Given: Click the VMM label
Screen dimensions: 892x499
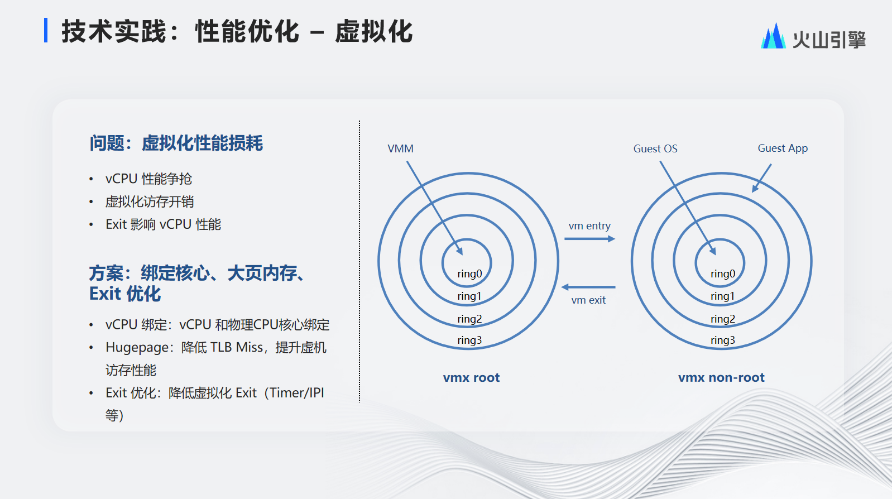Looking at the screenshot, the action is (x=400, y=148).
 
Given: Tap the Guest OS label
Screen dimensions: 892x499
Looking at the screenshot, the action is (x=655, y=148).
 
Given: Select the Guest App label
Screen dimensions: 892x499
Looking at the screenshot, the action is (x=783, y=148).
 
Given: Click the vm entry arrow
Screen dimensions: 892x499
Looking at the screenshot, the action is (x=590, y=239).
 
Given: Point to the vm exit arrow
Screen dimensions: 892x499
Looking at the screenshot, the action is (x=588, y=287).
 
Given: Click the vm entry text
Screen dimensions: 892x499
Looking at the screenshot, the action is (x=589, y=226).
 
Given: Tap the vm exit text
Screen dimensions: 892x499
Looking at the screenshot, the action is (x=588, y=300).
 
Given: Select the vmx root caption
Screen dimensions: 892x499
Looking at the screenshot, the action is (x=471, y=377).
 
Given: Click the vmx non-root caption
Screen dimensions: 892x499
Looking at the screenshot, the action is (x=721, y=377).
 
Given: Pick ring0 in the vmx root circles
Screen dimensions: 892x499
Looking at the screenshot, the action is (x=469, y=274).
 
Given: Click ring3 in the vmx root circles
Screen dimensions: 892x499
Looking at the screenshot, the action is (x=469, y=340).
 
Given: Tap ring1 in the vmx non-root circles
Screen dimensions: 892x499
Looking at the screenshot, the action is (x=722, y=296).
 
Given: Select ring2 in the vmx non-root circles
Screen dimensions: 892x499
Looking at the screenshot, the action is (x=723, y=319).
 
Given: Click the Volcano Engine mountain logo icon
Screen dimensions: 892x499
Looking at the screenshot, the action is (x=773, y=36).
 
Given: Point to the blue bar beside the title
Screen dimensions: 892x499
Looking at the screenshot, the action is (x=46, y=30).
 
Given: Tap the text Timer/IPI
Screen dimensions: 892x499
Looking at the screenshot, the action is (x=296, y=393).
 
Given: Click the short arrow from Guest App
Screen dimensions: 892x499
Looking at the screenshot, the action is (x=761, y=178).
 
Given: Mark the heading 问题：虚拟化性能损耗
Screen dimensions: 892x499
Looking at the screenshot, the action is (x=176, y=143).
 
